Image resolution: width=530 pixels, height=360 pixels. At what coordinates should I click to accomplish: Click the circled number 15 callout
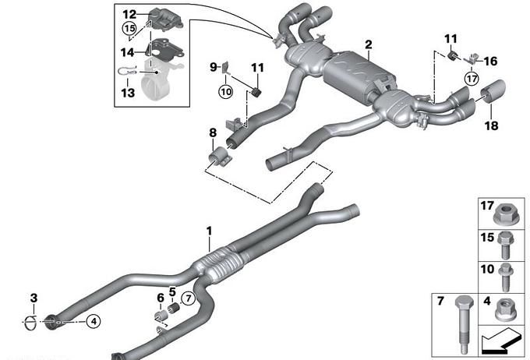pyautogui.click(x=129, y=28)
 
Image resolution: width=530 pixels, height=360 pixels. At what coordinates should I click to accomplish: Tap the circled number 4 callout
pyautogui.click(x=94, y=321)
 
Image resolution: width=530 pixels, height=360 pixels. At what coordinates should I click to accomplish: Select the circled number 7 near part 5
pyautogui.click(x=188, y=298)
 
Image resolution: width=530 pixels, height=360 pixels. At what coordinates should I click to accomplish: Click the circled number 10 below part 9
pyautogui.click(x=226, y=91)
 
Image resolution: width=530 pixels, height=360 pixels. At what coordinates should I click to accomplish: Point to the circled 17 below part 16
pyautogui.click(x=472, y=79)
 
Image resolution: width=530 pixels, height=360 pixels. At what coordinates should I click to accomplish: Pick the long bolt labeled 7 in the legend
pyautogui.click(x=464, y=324)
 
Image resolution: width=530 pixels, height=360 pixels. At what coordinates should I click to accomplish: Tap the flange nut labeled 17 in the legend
pyautogui.click(x=506, y=214)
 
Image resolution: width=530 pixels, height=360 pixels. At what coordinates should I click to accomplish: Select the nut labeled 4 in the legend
pyautogui.click(x=506, y=310)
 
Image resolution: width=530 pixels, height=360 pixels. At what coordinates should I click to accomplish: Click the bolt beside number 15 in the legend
pyautogui.click(x=505, y=245)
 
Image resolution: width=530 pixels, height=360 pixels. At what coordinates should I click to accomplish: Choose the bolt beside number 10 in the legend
pyautogui.click(x=506, y=277)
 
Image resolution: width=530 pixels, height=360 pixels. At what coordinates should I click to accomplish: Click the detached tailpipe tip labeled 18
pyautogui.click(x=493, y=90)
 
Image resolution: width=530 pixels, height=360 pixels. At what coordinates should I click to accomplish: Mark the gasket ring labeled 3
pyautogui.click(x=30, y=322)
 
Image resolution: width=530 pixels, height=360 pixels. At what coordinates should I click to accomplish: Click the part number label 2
pyautogui.click(x=369, y=44)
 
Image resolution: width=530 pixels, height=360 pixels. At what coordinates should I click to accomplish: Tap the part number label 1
pyautogui.click(x=210, y=231)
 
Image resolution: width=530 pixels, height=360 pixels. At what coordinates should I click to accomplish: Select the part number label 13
pyautogui.click(x=128, y=93)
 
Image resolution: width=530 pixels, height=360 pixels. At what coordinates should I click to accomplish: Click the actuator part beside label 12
pyautogui.click(x=166, y=19)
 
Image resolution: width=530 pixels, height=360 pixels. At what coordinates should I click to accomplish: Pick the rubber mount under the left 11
pyautogui.click(x=257, y=92)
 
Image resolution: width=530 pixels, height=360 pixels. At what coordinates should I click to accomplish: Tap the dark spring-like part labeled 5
pyautogui.click(x=173, y=309)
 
